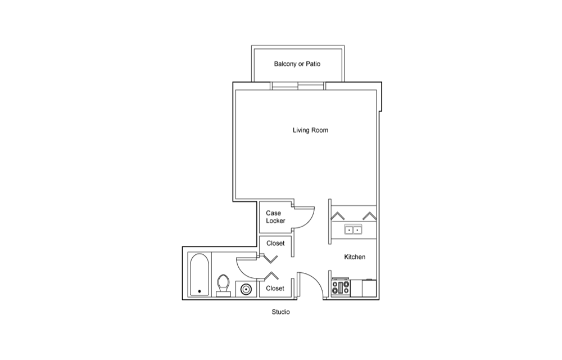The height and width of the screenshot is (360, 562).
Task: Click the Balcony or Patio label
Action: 297,64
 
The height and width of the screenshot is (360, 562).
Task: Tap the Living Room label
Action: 310,130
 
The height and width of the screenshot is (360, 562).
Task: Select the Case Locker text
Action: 275,217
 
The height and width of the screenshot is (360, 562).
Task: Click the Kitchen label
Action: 355,256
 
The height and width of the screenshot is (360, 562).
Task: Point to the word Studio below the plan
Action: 280,312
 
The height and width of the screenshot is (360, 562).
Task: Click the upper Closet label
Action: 275,243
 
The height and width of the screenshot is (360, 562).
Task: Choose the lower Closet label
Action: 275,289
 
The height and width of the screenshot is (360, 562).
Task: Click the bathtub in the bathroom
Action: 199,274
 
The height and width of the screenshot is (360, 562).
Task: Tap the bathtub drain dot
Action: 200,291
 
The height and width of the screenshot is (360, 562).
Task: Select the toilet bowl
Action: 223,283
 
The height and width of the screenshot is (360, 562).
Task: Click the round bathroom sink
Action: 246,289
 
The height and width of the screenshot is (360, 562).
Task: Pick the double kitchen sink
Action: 353,229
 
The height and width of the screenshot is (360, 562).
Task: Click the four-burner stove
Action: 341,287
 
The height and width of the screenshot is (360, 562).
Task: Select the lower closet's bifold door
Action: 271,276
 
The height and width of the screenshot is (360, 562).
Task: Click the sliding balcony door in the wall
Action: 298,85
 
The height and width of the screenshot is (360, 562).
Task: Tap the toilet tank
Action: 223,294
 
